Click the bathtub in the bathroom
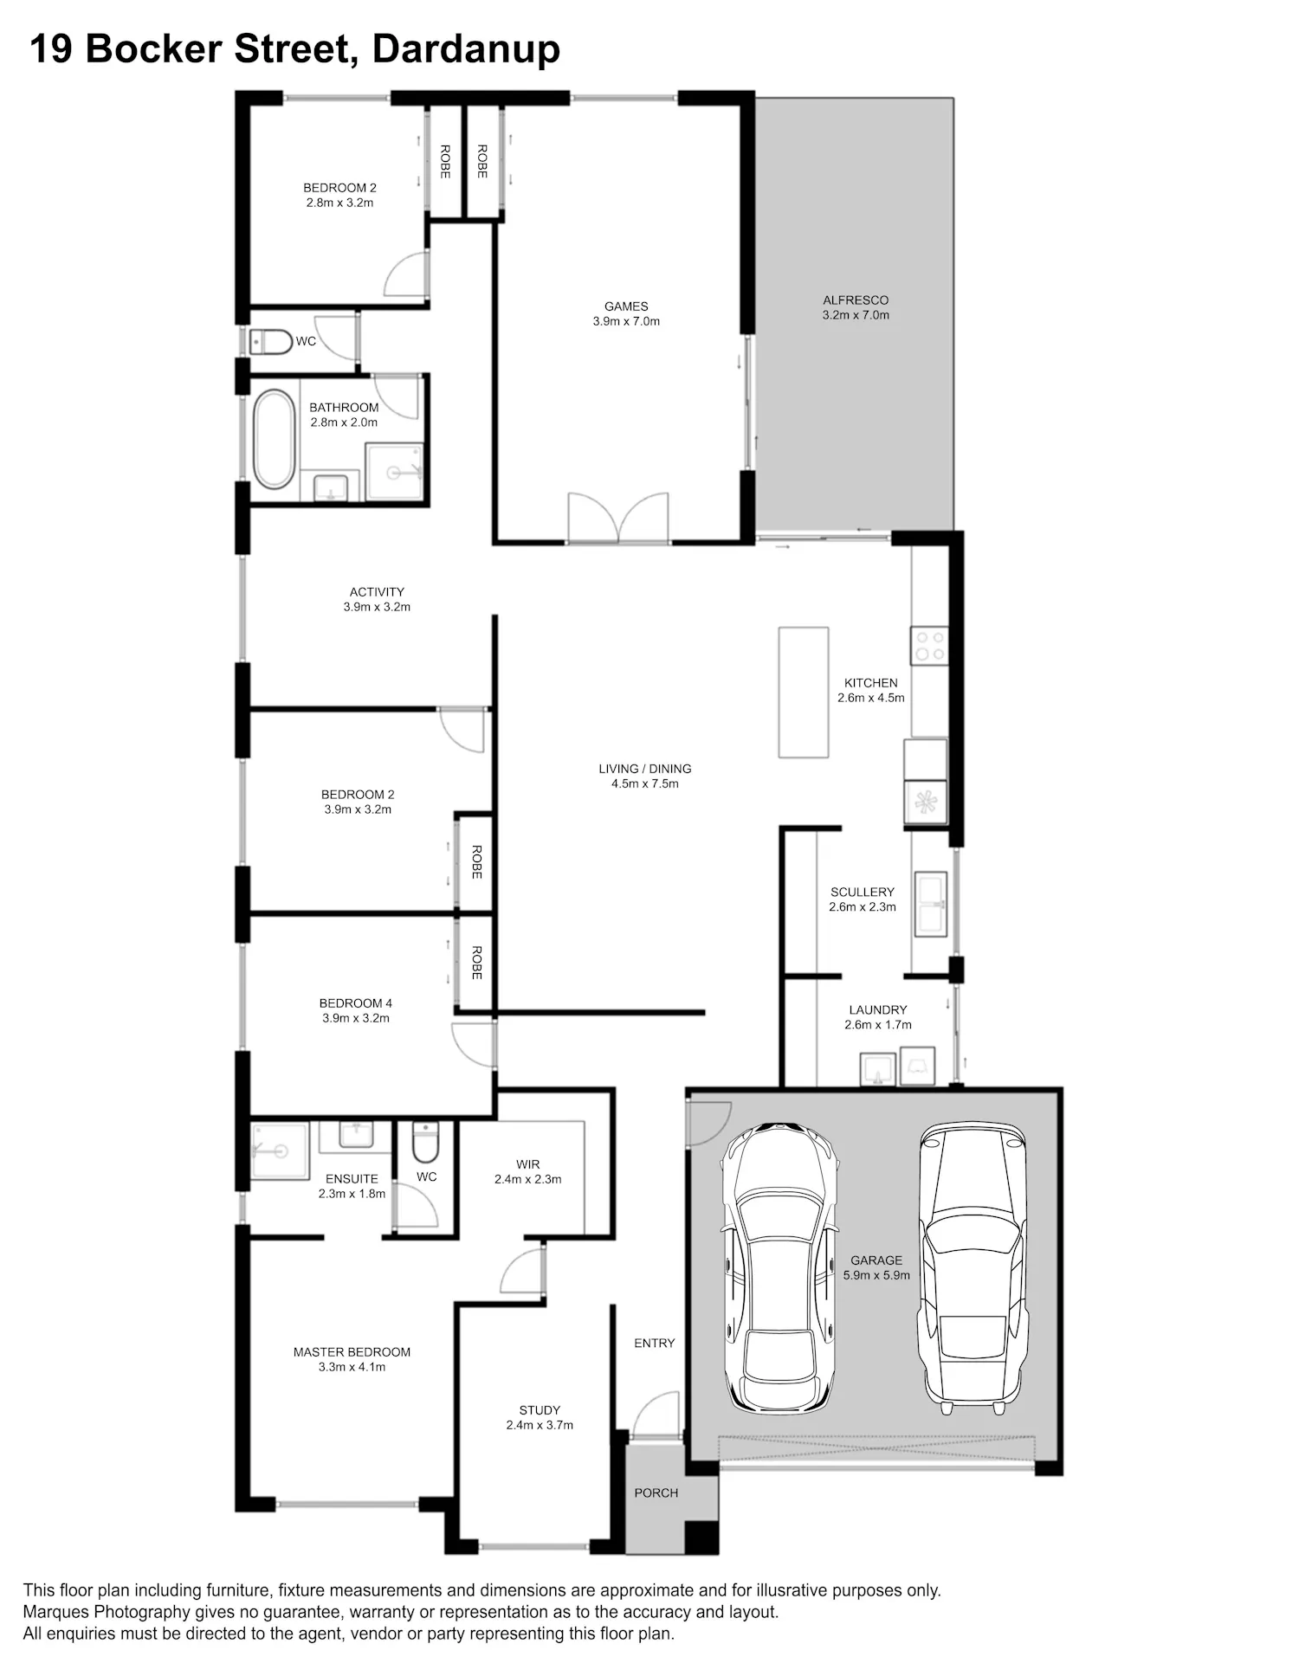[274, 439]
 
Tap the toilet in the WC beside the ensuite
[425, 1143]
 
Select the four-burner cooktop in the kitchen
[929, 646]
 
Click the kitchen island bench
[803, 693]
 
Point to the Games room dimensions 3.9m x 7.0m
[626, 321]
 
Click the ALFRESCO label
[856, 300]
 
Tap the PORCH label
[656, 1492]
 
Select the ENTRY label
[654, 1343]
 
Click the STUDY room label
[540, 1410]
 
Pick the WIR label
[527, 1164]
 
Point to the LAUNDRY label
[878, 1009]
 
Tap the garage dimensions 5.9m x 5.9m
[876, 1275]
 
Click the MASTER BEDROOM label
[352, 1352]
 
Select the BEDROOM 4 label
[356, 1003]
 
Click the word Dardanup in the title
[466, 49]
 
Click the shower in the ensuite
[280, 1151]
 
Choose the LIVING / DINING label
[645, 769]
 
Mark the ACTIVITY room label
[377, 592]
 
